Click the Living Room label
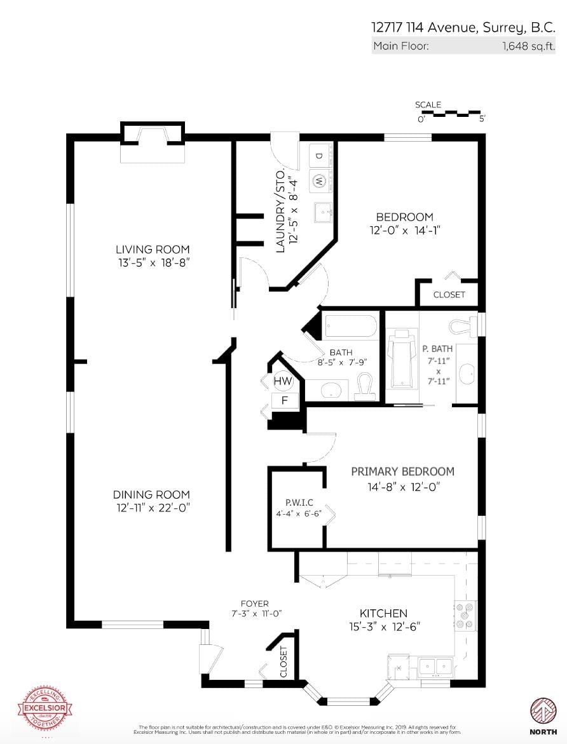(x=153, y=249)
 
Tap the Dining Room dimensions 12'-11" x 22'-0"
(x=153, y=507)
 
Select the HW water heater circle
(x=283, y=381)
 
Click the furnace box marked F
(x=284, y=400)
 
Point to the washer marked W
(x=319, y=180)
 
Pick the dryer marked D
(x=319, y=156)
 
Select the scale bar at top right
(x=451, y=114)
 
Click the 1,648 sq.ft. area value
(x=528, y=46)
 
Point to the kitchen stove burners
(x=466, y=615)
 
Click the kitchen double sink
(x=435, y=666)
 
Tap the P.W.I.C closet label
(x=294, y=502)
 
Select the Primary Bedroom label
(x=402, y=471)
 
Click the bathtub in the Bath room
(x=351, y=327)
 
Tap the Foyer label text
(x=254, y=604)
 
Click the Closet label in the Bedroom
(x=449, y=294)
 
